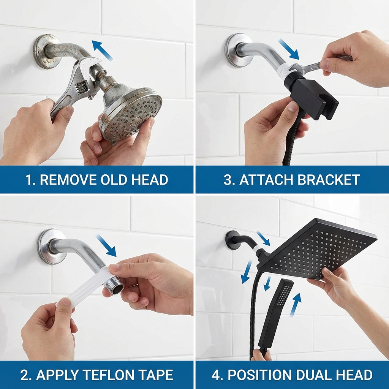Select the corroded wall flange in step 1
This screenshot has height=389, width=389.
(x=45, y=51)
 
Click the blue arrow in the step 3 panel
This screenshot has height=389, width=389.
(x=288, y=49)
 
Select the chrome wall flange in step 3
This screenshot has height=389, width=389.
(x=237, y=50)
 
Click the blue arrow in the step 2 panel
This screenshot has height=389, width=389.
(x=106, y=245)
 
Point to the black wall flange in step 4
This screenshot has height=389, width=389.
(x=232, y=240)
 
